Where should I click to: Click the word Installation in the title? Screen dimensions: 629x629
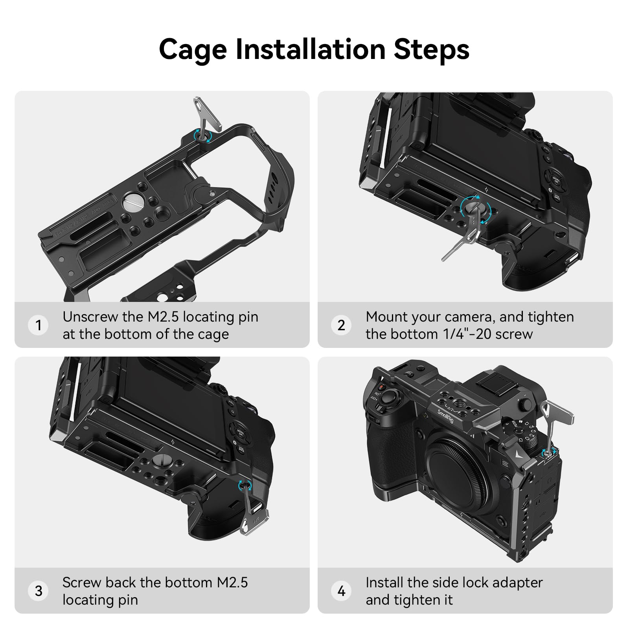[310, 50]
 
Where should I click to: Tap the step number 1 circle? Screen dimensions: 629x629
[38, 325]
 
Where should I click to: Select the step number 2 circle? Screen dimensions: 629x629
[341, 325]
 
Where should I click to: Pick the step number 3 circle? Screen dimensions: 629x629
[38, 590]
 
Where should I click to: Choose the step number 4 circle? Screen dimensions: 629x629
[341, 590]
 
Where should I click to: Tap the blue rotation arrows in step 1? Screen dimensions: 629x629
[202, 136]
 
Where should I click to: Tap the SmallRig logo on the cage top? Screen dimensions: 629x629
[445, 416]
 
